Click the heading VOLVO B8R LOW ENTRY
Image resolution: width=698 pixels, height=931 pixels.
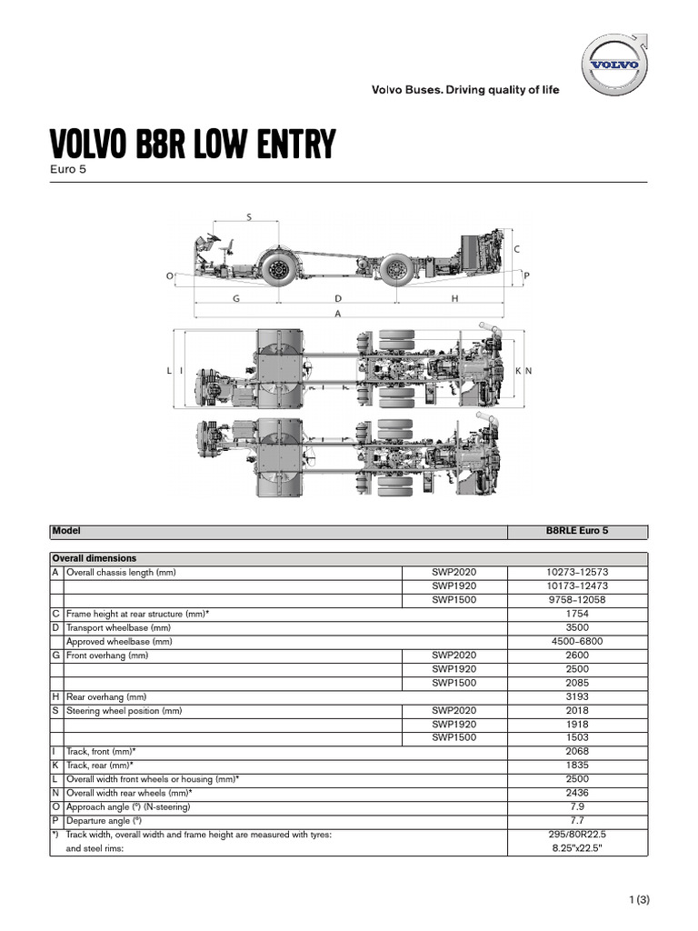192,145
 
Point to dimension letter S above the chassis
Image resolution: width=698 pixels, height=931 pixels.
248,216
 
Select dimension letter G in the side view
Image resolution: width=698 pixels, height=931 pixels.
235,297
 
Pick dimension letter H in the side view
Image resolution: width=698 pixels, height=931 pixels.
454,297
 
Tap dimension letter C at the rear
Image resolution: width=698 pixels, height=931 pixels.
516,248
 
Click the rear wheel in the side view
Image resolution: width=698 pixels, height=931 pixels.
394,269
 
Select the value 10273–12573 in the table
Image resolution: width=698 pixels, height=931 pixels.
576,572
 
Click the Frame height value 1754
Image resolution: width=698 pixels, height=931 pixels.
576,614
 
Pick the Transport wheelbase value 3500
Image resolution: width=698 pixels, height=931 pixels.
576,627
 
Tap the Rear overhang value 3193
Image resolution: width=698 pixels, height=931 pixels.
576,696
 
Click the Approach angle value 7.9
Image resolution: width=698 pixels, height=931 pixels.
576,807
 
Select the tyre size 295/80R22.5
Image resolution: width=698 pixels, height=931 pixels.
576,835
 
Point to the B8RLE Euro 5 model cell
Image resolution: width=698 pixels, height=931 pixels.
576,531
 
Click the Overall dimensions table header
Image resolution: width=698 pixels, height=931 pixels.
95,558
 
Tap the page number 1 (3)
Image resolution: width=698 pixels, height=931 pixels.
640,900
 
